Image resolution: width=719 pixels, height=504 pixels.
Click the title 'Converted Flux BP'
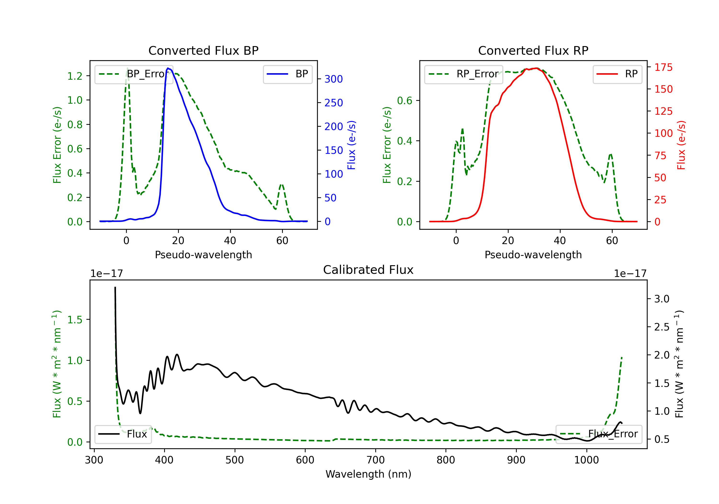(203, 50)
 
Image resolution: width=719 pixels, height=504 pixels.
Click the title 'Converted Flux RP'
(533, 50)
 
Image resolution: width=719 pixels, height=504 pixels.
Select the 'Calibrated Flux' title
(368, 270)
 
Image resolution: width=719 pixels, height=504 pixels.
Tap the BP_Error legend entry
(134, 74)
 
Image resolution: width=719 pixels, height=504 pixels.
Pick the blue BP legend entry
(287, 74)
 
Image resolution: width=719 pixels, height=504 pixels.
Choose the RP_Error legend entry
(464, 74)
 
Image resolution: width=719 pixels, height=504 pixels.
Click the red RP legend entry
(617, 74)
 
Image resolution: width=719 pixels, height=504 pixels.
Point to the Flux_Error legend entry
(599, 434)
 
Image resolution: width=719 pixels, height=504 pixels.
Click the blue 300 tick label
(334, 79)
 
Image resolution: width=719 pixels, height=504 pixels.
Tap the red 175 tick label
(663, 67)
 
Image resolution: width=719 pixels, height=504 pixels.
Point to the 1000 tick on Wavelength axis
(586, 460)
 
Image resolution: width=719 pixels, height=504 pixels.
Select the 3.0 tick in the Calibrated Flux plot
(662, 299)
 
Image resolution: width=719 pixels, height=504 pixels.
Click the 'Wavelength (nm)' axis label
(368, 474)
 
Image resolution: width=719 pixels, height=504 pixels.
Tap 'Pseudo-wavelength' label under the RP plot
(533, 255)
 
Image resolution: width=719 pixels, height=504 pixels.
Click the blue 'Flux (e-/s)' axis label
(351, 145)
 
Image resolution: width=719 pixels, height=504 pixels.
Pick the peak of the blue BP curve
(168, 68)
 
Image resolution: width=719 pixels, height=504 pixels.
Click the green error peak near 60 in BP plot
(282, 185)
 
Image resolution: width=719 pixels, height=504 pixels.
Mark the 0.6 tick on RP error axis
(405, 101)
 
